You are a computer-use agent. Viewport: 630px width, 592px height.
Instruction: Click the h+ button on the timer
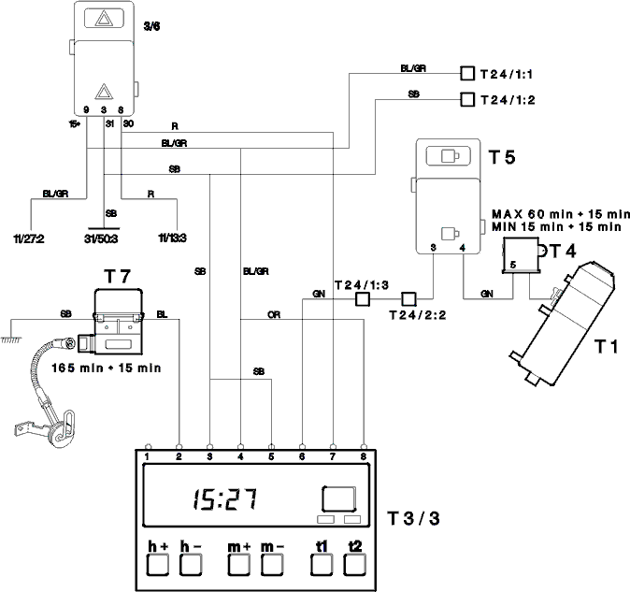(x=157, y=565)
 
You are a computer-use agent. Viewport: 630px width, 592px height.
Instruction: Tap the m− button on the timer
(x=272, y=565)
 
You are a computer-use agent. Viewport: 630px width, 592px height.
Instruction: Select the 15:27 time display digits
(x=225, y=499)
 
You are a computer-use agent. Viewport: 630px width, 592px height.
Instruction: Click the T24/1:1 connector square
(x=466, y=74)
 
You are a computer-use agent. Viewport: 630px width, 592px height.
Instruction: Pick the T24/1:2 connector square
(x=466, y=99)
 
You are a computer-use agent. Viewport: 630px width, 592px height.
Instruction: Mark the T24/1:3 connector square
(x=363, y=299)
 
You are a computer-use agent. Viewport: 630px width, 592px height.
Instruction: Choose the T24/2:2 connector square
(x=408, y=299)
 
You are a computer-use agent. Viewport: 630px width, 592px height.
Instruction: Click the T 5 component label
(x=502, y=157)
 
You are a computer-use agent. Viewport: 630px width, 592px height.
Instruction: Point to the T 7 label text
(x=118, y=277)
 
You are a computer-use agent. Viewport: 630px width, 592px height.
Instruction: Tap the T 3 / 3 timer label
(x=413, y=518)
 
